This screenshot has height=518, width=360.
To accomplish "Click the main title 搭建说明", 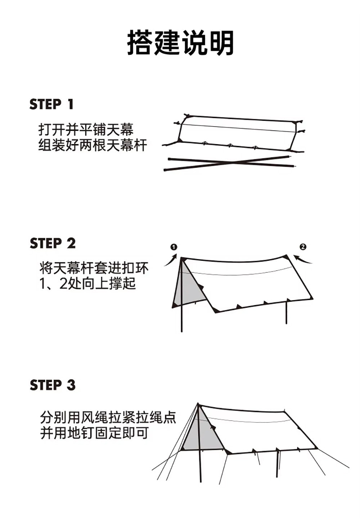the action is (180, 43).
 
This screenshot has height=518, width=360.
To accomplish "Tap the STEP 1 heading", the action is (51, 104).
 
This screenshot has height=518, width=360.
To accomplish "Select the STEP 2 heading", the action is (53, 243).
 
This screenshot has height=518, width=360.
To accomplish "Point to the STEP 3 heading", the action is (53, 385).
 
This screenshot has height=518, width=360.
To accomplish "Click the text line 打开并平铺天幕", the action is (86, 130).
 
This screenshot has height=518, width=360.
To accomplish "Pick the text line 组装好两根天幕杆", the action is (93, 146).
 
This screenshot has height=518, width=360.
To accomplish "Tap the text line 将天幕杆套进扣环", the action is (94, 268).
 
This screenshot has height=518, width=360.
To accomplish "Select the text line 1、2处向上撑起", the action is (87, 284).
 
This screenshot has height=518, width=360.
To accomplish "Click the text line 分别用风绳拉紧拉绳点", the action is (108, 417).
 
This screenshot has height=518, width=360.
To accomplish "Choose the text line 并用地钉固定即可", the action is (94, 433).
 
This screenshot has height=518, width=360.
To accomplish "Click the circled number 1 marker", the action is (174, 247).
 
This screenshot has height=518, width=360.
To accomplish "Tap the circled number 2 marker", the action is (303, 247).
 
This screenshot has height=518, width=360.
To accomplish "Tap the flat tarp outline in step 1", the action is (238, 133).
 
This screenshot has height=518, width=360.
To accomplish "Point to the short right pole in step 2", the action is (286, 312).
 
